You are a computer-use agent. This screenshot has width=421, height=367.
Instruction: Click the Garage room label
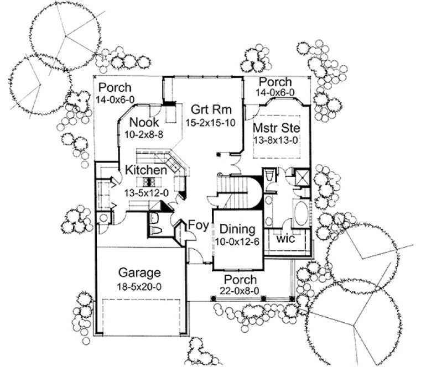(140, 272)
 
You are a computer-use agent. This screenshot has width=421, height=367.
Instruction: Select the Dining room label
(237, 229)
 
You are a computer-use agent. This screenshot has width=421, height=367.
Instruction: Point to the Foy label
(197, 225)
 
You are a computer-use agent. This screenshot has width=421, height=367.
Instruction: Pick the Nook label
(145, 122)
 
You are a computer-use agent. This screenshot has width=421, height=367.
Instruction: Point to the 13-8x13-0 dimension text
(276, 140)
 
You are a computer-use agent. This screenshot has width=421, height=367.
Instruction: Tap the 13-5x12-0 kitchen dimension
(146, 193)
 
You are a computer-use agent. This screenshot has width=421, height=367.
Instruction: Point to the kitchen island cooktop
(148, 181)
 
